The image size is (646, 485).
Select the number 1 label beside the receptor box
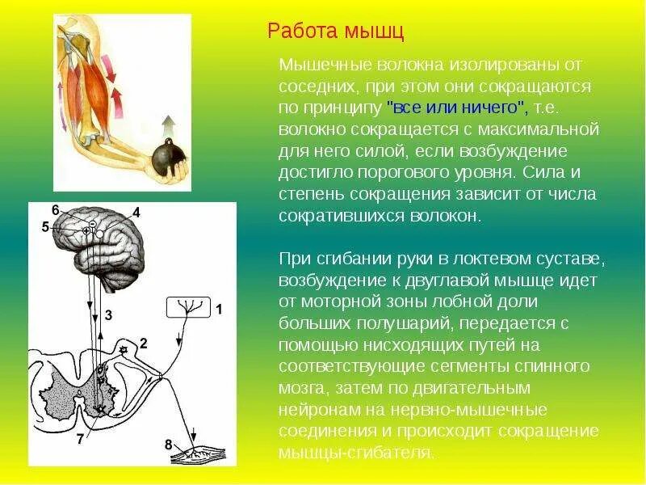point(218,308)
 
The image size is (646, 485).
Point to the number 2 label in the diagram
point(143,344)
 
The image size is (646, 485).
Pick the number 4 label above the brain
point(136,213)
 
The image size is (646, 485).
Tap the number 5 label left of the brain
point(45,227)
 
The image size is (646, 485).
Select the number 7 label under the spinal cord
point(78,441)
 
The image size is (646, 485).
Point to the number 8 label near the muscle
point(169,444)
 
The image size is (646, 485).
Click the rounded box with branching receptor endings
point(188,307)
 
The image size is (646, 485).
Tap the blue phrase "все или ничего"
point(457,107)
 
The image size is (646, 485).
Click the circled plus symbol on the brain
point(86,231)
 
